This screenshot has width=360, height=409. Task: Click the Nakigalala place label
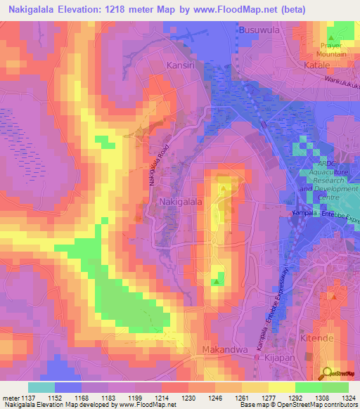pos(181,202)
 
